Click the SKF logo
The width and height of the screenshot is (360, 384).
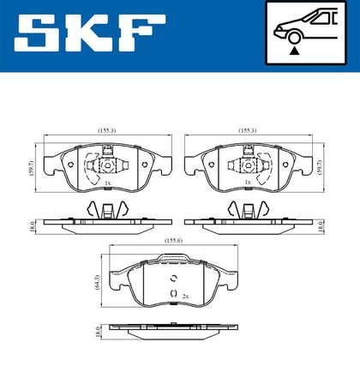pyautogui.click(x=90, y=33)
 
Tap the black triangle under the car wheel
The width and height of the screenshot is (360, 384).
pyautogui.click(x=294, y=51)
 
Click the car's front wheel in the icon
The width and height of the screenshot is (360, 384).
pyautogui.click(x=294, y=38)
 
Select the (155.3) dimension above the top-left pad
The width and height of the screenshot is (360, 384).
pyautogui.click(x=107, y=130)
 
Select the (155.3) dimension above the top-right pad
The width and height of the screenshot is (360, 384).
pyautogui.click(x=248, y=130)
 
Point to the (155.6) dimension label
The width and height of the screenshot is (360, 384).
pyautogui.click(x=173, y=241)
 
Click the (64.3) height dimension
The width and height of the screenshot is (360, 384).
pyautogui.click(x=97, y=283)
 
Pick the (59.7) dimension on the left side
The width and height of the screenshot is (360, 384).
pyautogui.click(x=32, y=168)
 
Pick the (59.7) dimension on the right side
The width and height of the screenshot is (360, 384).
pyautogui.click(x=320, y=168)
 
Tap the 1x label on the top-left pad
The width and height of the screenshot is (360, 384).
pyautogui.click(x=108, y=183)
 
